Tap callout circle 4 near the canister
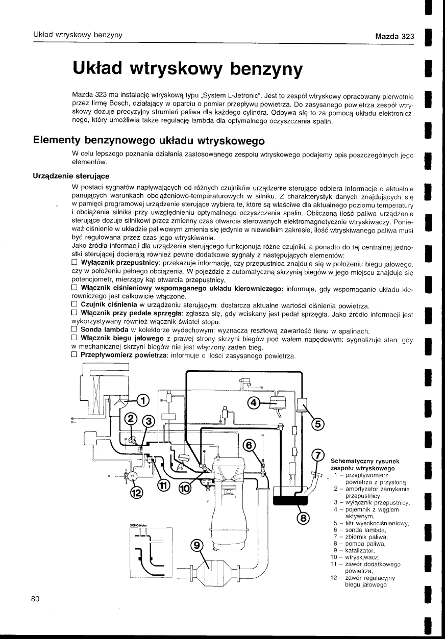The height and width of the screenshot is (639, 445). (x=253, y=403)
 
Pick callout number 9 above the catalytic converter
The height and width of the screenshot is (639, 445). (x=196, y=546)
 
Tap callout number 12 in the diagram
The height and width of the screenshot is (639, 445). (x=136, y=492)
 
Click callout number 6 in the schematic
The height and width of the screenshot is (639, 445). (x=249, y=445)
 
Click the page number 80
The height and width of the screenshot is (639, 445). (x=35, y=599)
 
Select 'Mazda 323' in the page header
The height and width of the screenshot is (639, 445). (x=393, y=36)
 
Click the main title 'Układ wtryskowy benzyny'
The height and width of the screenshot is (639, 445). (x=188, y=69)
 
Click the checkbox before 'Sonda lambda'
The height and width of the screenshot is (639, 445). (x=75, y=330)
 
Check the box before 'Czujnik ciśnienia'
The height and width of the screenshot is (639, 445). (x=75, y=305)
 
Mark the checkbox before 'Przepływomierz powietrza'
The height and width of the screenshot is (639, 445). (x=75, y=355)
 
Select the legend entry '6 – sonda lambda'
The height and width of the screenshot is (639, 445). (x=360, y=530)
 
